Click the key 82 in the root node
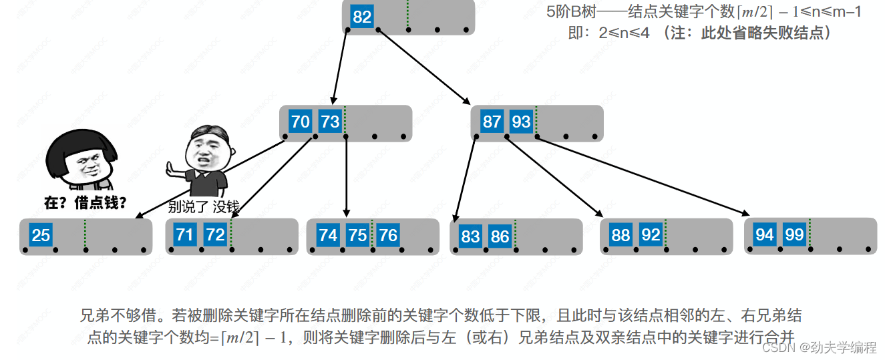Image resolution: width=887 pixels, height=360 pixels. [x=362, y=17]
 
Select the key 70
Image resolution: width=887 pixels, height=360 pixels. [x=301, y=122]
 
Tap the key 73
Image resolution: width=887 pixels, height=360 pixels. [x=330, y=122]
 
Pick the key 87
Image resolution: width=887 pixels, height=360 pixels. [x=492, y=122]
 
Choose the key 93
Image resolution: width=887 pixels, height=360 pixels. [x=521, y=122]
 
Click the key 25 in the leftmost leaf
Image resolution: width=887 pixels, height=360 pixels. [x=41, y=235]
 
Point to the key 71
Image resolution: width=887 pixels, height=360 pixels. [x=185, y=234]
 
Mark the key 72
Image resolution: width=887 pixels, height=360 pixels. [x=214, y=234]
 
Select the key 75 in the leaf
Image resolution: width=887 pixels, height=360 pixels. [x=357, y=235]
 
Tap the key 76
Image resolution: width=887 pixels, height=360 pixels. [x=387, y=235]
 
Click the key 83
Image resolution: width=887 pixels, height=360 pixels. [x=470, y=236]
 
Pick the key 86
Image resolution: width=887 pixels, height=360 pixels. [x=500, y=236]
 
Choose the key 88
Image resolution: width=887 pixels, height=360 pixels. [x=620, y=235]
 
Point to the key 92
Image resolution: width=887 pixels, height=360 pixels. [x=651, y=235]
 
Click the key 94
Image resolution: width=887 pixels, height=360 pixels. [x=765, y=234]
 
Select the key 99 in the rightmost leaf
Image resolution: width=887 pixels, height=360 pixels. [x=794, y=234]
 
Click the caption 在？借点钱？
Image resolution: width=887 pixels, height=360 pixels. [x=85, y=203]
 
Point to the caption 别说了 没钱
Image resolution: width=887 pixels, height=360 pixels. [x=203, y=206]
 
